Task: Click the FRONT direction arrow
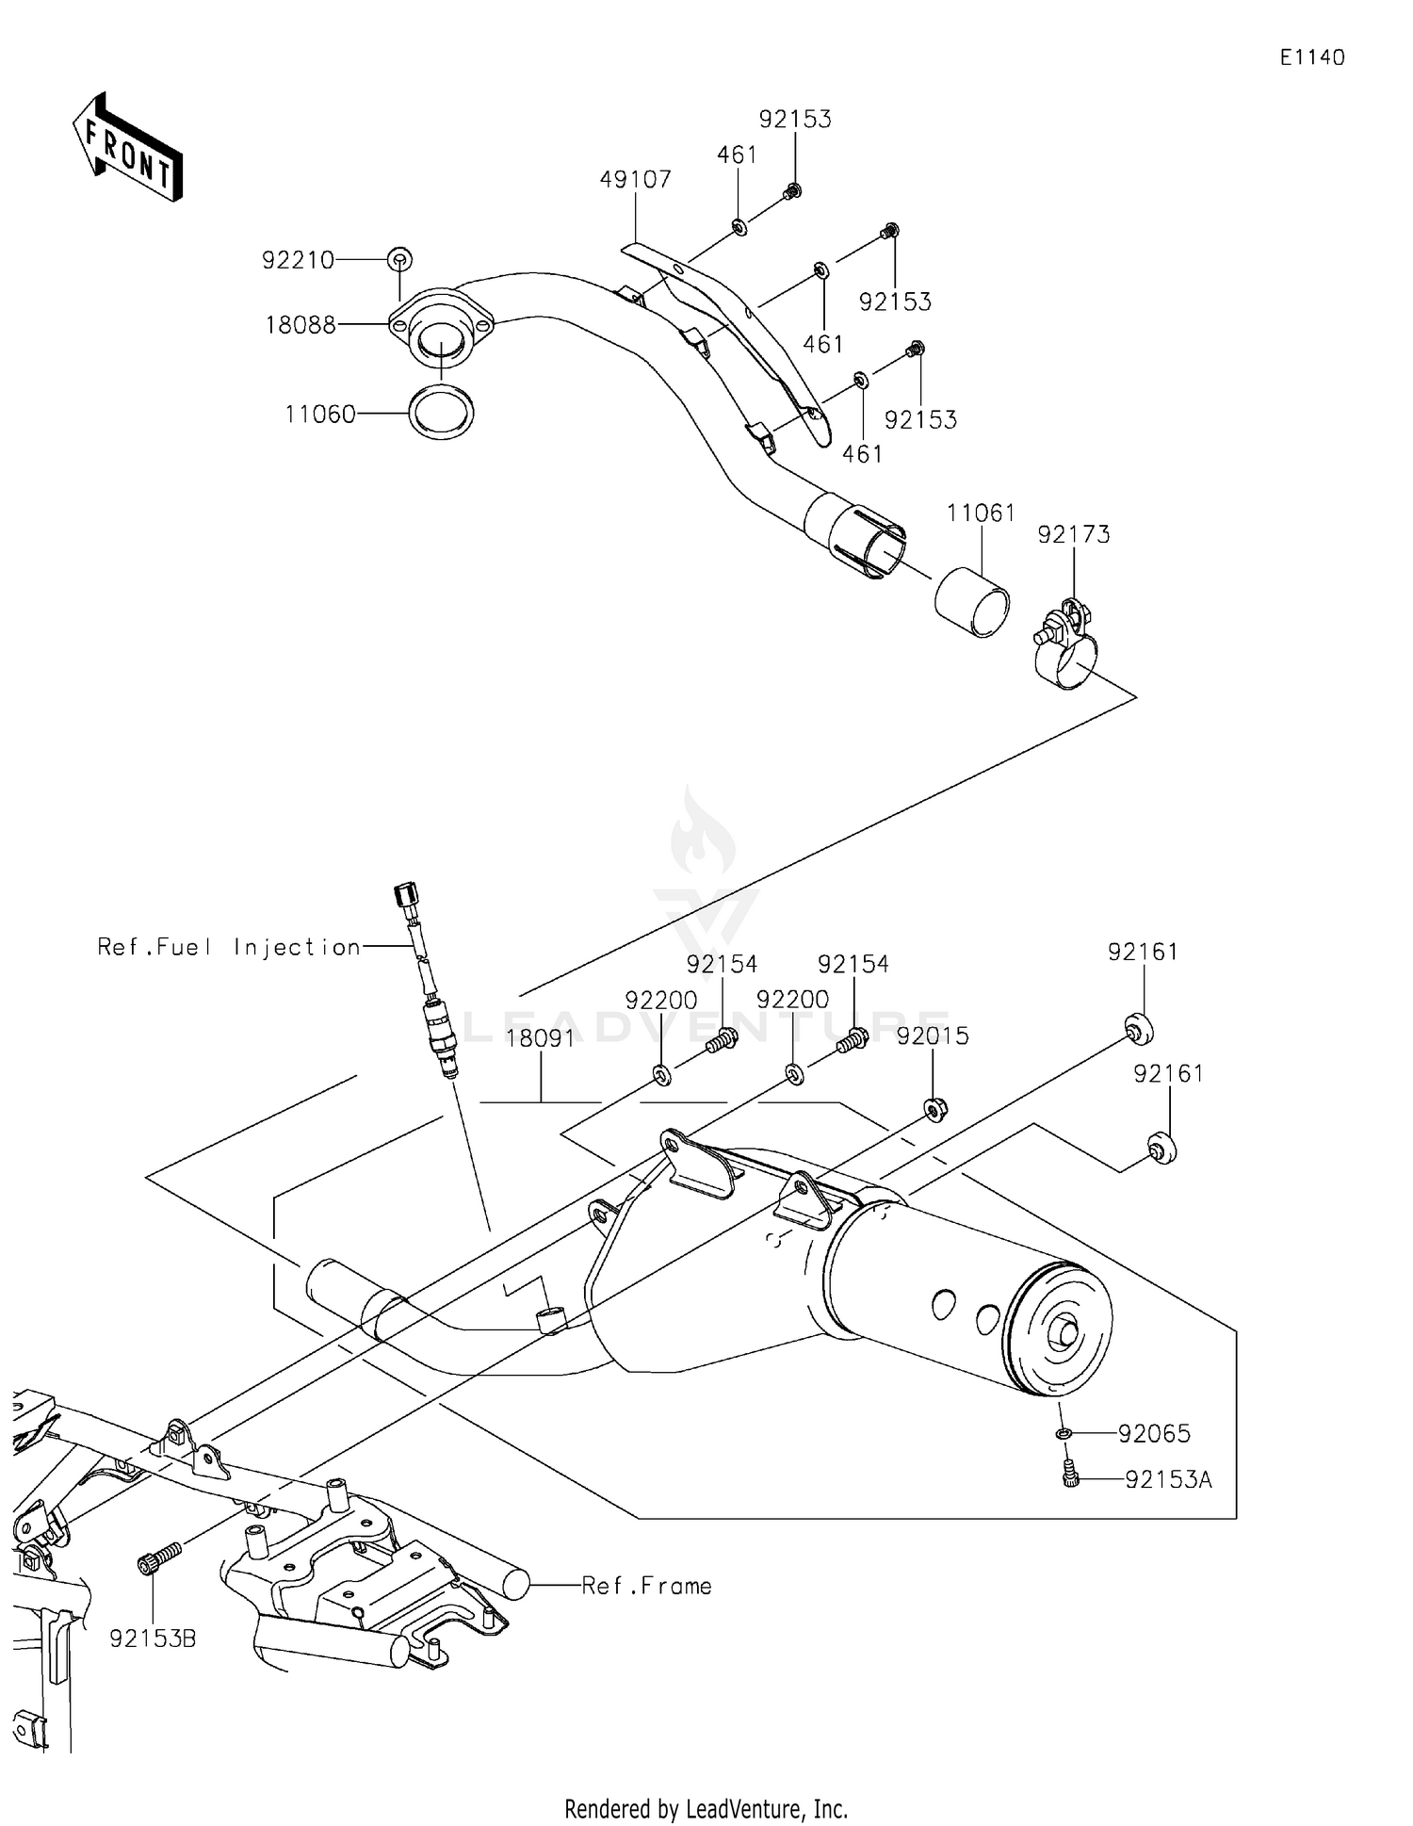127,149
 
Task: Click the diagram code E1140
1311,57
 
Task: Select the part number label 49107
635,179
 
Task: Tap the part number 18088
300,325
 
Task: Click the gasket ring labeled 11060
441,413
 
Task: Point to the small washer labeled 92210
399,258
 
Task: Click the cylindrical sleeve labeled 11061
972,600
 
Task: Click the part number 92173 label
1073,534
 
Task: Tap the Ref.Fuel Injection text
229,947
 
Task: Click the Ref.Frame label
646,1586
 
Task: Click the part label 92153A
1168,1480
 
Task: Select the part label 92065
1154,1433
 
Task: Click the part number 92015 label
932,1035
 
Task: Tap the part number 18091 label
541,1038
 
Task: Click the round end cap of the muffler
1060,1329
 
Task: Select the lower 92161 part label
1168,1073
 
